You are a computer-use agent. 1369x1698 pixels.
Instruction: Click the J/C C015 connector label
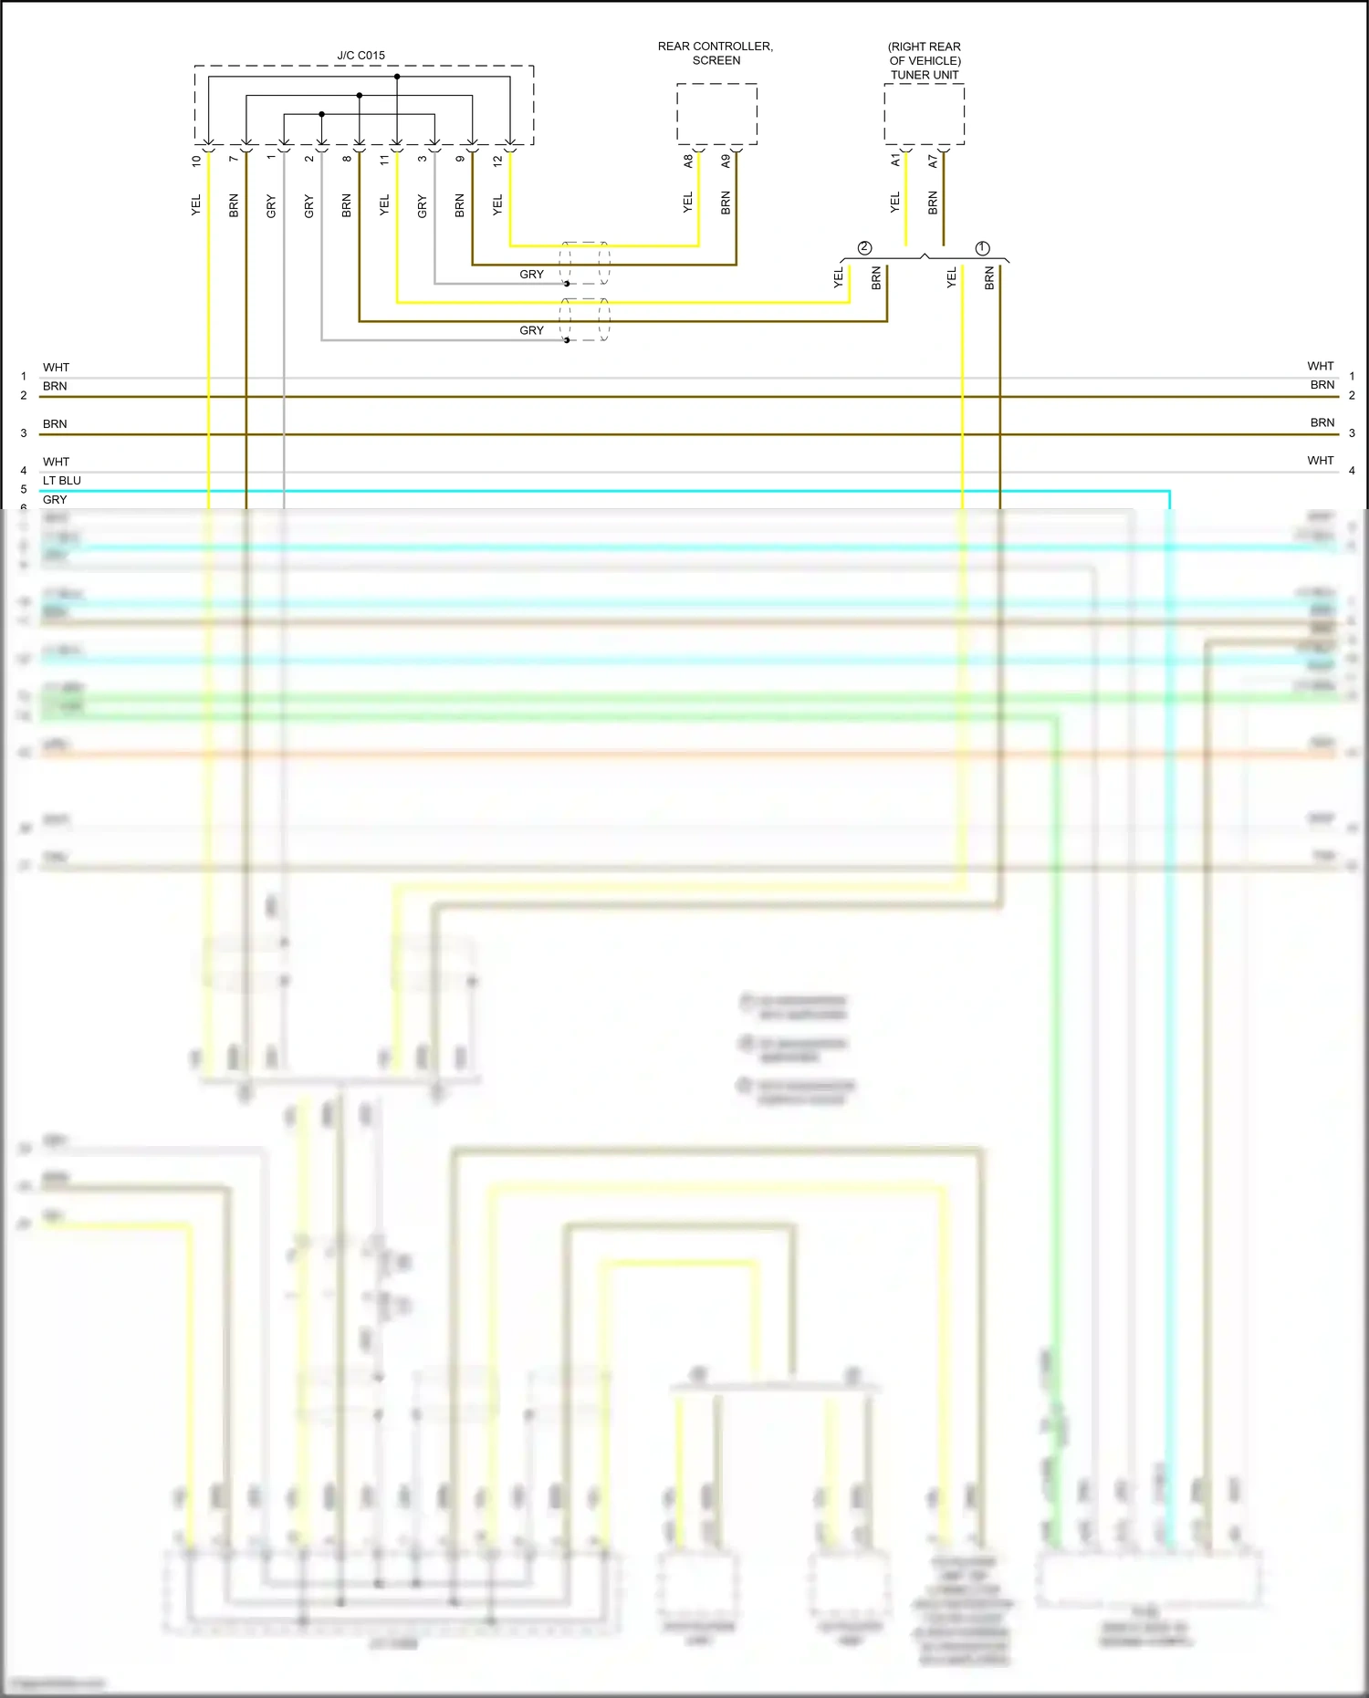coord(361,56)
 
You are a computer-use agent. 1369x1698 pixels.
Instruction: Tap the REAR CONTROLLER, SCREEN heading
coord(716,53)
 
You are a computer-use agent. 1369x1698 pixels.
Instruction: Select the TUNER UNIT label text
coord(925,75)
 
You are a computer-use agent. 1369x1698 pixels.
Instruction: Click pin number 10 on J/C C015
coord(196,161)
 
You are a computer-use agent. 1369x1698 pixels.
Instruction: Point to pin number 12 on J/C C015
coord(497,161)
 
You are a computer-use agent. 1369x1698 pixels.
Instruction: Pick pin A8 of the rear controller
coord(688,161)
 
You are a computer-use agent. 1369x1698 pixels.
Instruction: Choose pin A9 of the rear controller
coord(726,161)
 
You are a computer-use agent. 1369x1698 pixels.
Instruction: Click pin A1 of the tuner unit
coord(895,160)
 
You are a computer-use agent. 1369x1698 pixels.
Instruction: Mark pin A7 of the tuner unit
coord(933,161)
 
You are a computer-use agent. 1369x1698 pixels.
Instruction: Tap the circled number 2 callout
coord(864,248)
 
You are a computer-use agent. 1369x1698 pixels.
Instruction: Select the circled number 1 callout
coord(982,248)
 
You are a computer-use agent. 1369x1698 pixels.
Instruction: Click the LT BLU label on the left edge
coord(62,481)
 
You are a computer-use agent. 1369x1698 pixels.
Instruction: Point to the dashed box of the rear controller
coord(716,114)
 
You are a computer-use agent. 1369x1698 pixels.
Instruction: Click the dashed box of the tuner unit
coord(924,114)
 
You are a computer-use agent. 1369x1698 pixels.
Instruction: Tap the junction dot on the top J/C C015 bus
coord(397,77)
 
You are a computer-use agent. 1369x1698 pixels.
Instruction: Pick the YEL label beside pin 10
coord(196,205)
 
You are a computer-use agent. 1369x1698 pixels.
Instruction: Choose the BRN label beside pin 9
coord(460,205)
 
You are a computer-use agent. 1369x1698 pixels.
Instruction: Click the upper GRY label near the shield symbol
coord(531,275)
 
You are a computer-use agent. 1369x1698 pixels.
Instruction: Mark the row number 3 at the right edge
coord(1352,433)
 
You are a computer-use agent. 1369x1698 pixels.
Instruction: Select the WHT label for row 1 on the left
coord(56,368)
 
